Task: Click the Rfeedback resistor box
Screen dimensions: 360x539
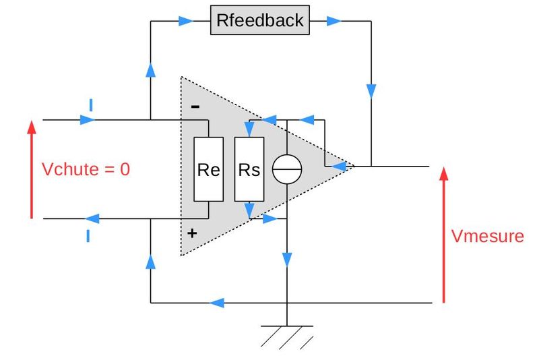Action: coord(260,20)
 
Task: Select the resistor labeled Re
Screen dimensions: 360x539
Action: coord(208,169)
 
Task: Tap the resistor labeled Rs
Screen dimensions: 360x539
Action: coord(249,169)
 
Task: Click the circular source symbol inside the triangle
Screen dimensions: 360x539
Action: coord(287,169)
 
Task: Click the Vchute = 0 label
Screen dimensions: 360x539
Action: coord(86,169)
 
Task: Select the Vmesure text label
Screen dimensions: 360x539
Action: coord(487,236)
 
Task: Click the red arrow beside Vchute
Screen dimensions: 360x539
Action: coord(31,169)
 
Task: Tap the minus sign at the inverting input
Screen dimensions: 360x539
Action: coord(195,106)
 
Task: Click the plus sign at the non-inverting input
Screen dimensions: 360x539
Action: coord(192,233)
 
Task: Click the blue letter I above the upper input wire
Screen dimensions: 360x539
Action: coord(90,104)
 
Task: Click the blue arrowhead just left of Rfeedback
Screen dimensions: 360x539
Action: coord(187,21)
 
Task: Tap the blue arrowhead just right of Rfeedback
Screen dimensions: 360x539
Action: coord(334,21)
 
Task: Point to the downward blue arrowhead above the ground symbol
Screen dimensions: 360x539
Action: coord(287,260)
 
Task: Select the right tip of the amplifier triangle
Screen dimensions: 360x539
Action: coord(352,166)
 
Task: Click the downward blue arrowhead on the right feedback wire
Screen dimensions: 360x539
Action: coord(371,90)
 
